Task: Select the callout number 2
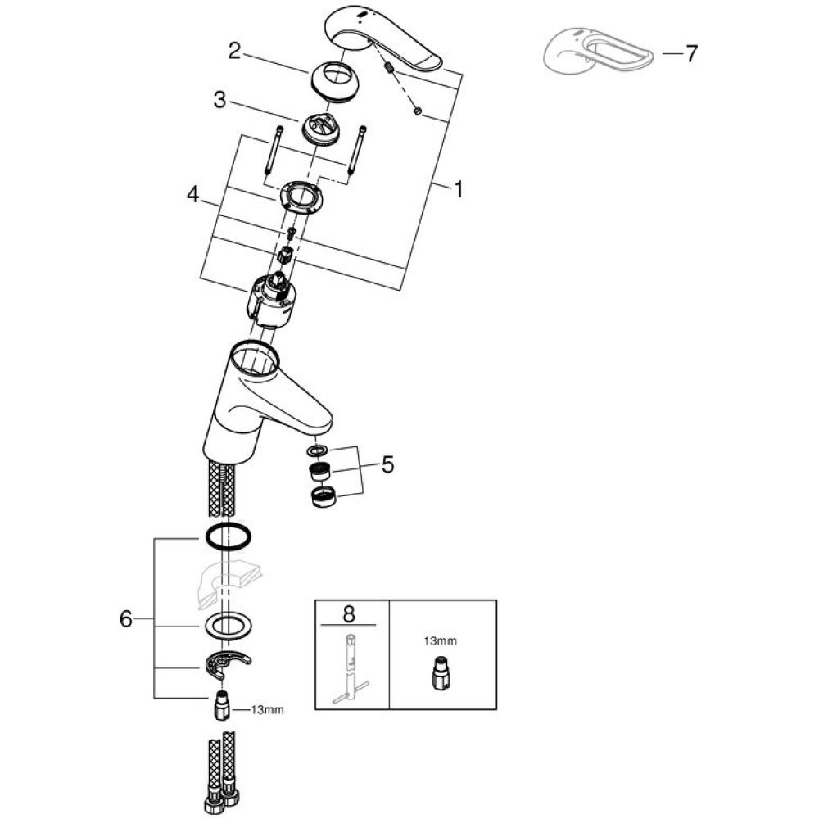click(234, 51)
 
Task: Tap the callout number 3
click(219, 102)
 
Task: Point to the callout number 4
click(192, 195)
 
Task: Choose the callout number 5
click(387, 465)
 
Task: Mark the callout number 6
click(125, 619)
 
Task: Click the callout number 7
click(691, 54)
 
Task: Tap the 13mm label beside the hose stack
click(267, 710)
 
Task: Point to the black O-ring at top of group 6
click(227, 537)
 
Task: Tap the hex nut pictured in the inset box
click(441, 673)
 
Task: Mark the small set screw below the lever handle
click(417, 111)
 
